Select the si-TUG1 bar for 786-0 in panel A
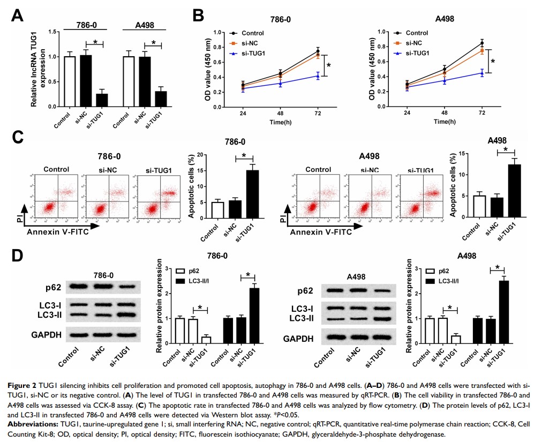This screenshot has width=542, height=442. click(x=102, y=100)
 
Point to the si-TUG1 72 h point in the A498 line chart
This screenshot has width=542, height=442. click(x=482, y=73)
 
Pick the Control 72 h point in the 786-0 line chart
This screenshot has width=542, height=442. click(x=317, y=51)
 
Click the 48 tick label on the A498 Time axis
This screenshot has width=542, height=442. click(x=445, y=114)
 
